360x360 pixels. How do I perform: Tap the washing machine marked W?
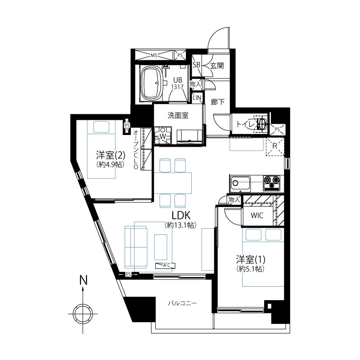(163, 136)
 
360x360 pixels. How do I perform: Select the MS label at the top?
(154, 55)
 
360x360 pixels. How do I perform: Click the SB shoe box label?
(197, 65)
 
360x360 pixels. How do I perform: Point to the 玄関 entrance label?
(217, 66)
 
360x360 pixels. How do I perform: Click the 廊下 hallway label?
(217, 102)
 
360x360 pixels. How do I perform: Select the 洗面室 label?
(178, 115)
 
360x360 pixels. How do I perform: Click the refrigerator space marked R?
(275, 146)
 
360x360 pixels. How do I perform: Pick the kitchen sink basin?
(240, 184)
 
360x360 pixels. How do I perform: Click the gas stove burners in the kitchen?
(272, 183)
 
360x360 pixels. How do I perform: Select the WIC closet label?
(257, 216)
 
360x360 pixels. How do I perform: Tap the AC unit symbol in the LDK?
(165, 265)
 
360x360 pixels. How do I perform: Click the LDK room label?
(181, 216)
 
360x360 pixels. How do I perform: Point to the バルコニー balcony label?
(183, 303)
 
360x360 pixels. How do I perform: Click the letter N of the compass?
(83, 280)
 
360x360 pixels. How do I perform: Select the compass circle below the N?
(83, 313)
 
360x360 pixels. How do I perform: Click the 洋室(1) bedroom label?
(251, 260)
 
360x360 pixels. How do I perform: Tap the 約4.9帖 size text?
(111, 164)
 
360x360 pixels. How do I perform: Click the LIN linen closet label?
(197, 98)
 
